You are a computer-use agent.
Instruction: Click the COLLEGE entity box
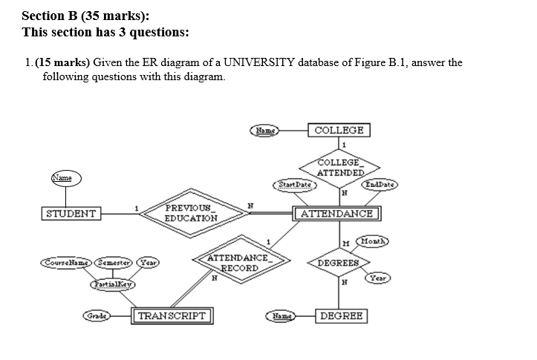coord(339,131)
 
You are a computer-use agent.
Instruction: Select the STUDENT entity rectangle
coord(71,215)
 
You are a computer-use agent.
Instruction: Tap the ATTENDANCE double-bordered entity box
coord(337,215)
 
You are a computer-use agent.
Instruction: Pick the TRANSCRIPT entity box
coord(172,315)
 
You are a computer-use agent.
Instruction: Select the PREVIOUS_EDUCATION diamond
coord(191,214)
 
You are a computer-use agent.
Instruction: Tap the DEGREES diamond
coord(338,263)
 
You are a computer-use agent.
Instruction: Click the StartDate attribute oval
coord(296,183)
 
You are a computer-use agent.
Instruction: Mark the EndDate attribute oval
coord(381,183)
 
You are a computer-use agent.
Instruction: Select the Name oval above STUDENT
coord(64,178)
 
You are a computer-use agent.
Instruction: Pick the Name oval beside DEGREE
coord(280,315)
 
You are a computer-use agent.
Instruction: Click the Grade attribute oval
coord(97,315)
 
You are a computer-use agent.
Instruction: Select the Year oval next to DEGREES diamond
coord(378,278)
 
